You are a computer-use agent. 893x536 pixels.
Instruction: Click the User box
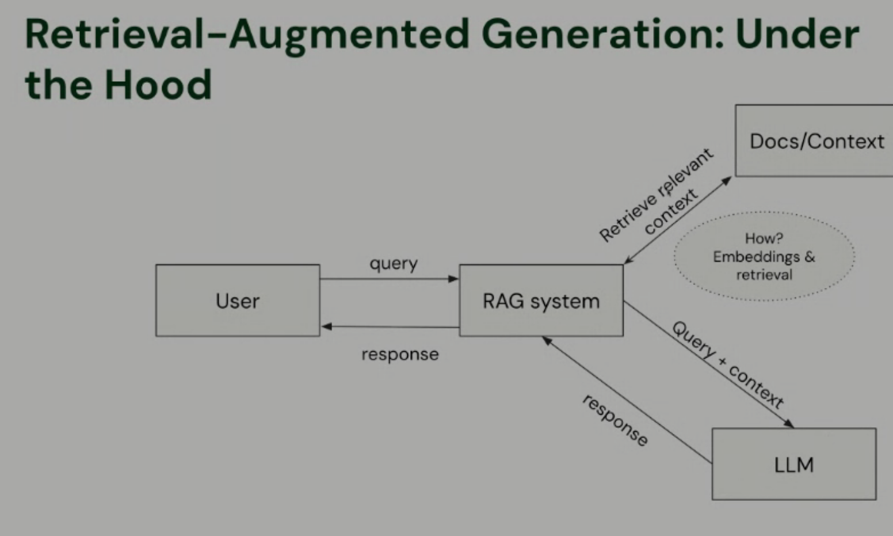(238, 301)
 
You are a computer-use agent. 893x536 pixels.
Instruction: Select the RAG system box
(541, 301)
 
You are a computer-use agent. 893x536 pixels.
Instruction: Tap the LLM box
(794, 464)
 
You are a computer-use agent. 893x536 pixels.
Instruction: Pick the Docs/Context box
(816, 141)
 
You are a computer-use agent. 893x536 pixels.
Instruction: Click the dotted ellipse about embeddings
(764, 256)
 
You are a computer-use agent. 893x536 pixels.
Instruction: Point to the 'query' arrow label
(394, 264)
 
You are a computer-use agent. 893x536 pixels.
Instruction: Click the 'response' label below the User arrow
(400, 354)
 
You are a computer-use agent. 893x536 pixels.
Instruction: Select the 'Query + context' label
(728, 364)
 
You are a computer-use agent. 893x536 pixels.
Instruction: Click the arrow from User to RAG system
(389, 279)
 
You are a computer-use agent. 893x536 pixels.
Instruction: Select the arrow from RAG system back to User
(390, 327)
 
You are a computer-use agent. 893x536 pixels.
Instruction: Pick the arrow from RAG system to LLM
(708, 364)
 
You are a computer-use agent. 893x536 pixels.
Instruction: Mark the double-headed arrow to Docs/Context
(678, 220)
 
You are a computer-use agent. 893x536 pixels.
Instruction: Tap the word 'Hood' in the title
(158, 84)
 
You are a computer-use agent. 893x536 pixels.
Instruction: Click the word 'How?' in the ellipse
(764, 238)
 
